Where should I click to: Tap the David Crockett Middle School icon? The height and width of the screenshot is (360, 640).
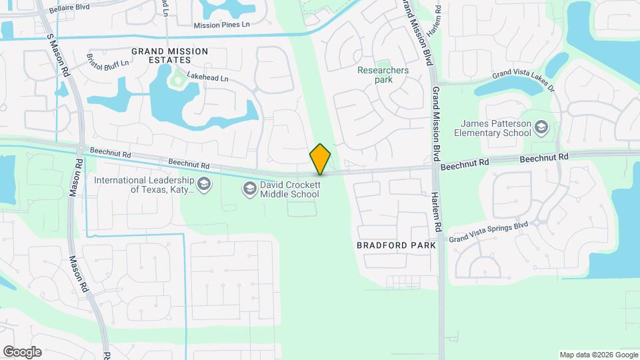249,189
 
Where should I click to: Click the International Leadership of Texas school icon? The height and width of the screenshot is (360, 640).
203,184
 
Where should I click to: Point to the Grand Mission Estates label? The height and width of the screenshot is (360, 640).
169,55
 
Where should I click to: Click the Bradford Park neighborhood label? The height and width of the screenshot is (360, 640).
396,245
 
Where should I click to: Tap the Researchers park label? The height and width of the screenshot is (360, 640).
383,75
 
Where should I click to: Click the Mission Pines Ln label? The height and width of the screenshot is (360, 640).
221,25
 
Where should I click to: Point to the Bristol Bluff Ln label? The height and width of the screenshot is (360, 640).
109,59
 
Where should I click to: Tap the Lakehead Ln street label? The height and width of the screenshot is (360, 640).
207,77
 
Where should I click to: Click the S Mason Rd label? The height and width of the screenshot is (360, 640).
58,55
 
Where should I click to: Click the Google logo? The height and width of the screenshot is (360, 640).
22,352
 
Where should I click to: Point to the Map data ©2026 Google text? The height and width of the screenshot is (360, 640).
597,355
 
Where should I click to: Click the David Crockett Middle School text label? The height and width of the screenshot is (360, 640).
289,189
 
